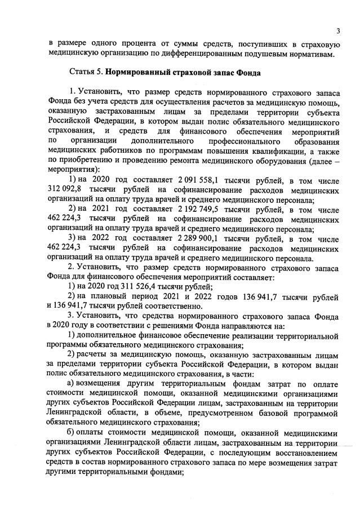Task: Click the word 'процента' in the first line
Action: point(145,43)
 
